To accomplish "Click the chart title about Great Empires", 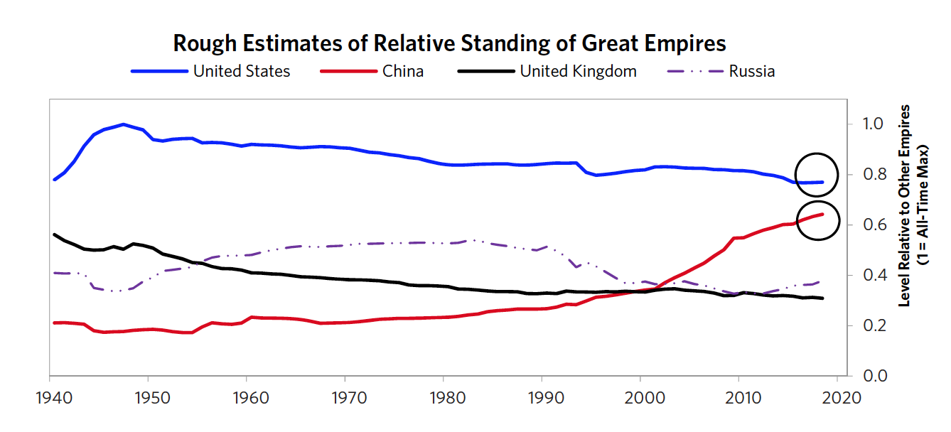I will [x=449, y=43].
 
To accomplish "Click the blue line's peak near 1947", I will [x=124, y=124].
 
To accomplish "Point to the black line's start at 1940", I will [x=55, y=234].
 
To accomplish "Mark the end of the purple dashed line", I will [x=820, y=281].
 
